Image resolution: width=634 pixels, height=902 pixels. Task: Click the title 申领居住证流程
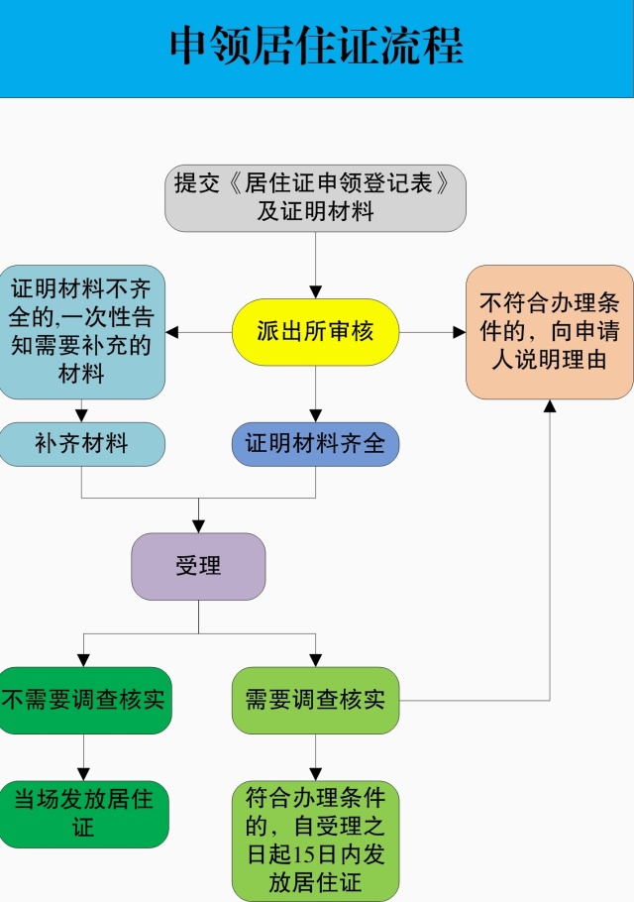tap(316, 47)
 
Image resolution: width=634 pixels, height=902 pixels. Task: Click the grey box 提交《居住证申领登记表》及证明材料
tap(315, 197)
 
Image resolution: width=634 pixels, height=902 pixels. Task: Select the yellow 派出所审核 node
tap(315, 332)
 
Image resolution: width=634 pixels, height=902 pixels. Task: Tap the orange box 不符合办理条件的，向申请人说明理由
tap(549, 332)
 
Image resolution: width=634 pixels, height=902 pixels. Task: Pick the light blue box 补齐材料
tap(81, 443)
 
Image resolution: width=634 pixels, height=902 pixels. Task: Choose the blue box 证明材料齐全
tap(315, 443)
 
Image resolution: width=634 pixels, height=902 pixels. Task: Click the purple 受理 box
tap(198, 566)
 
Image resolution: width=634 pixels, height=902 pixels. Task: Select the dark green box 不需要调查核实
tap(83, 700)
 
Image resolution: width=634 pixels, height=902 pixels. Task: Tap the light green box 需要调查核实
tap(315, 700)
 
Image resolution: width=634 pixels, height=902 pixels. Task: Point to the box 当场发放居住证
tap(83, 813)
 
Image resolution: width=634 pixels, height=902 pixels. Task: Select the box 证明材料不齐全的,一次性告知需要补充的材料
tap(81, 332)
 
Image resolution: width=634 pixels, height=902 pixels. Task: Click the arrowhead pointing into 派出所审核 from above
tap(315, 291)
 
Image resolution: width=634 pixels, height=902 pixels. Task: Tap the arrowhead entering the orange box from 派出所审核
tap(460, 332)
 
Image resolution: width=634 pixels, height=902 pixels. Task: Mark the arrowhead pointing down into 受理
tap(198, 526)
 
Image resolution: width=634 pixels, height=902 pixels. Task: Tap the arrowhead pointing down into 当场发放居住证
tap(83, 774)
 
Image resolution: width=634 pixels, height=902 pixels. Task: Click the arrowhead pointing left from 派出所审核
tap(172, 332)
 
